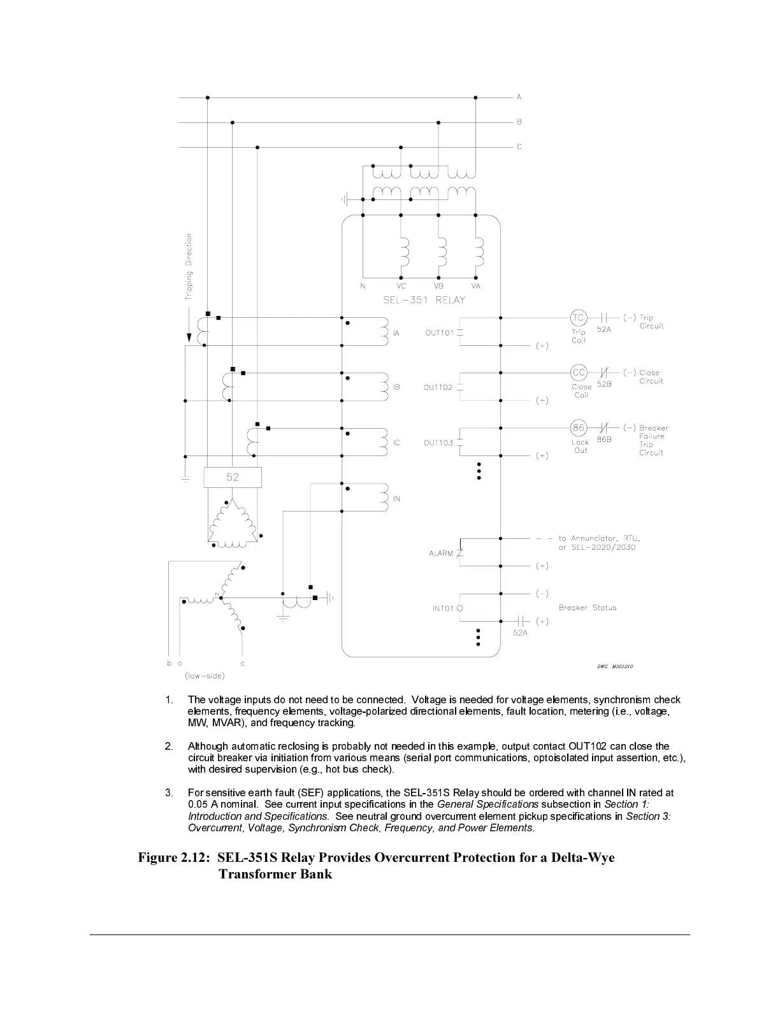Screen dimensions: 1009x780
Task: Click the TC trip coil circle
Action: coord(578,317)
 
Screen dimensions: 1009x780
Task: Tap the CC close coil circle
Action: coord(578,373)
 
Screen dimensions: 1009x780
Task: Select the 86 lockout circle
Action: coord(578,427)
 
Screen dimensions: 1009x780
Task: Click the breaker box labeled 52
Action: coord(233,477)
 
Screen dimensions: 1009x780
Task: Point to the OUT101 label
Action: coord(439,333)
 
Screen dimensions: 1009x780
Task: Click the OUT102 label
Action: coord(438,387)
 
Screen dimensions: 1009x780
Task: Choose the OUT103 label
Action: coord(438,443)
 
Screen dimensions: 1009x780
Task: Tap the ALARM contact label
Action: coord(441,553)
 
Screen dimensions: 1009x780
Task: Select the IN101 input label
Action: coord(443,608)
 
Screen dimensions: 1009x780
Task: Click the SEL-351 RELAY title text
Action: coord(424,300)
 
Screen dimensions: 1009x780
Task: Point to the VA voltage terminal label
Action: coord(475,286)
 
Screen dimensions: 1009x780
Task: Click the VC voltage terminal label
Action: coord(401,286)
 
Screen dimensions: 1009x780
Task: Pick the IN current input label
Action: coord(396,499)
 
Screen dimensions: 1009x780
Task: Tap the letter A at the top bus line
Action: coord(519,97)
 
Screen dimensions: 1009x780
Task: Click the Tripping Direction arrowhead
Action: coord(189,338)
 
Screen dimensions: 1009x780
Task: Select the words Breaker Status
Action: coord(588,608)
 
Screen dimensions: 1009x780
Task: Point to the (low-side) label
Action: coord(204,676)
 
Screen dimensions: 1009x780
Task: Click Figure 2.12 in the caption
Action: coord(174,857)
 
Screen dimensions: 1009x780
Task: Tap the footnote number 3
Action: coord(169,793)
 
